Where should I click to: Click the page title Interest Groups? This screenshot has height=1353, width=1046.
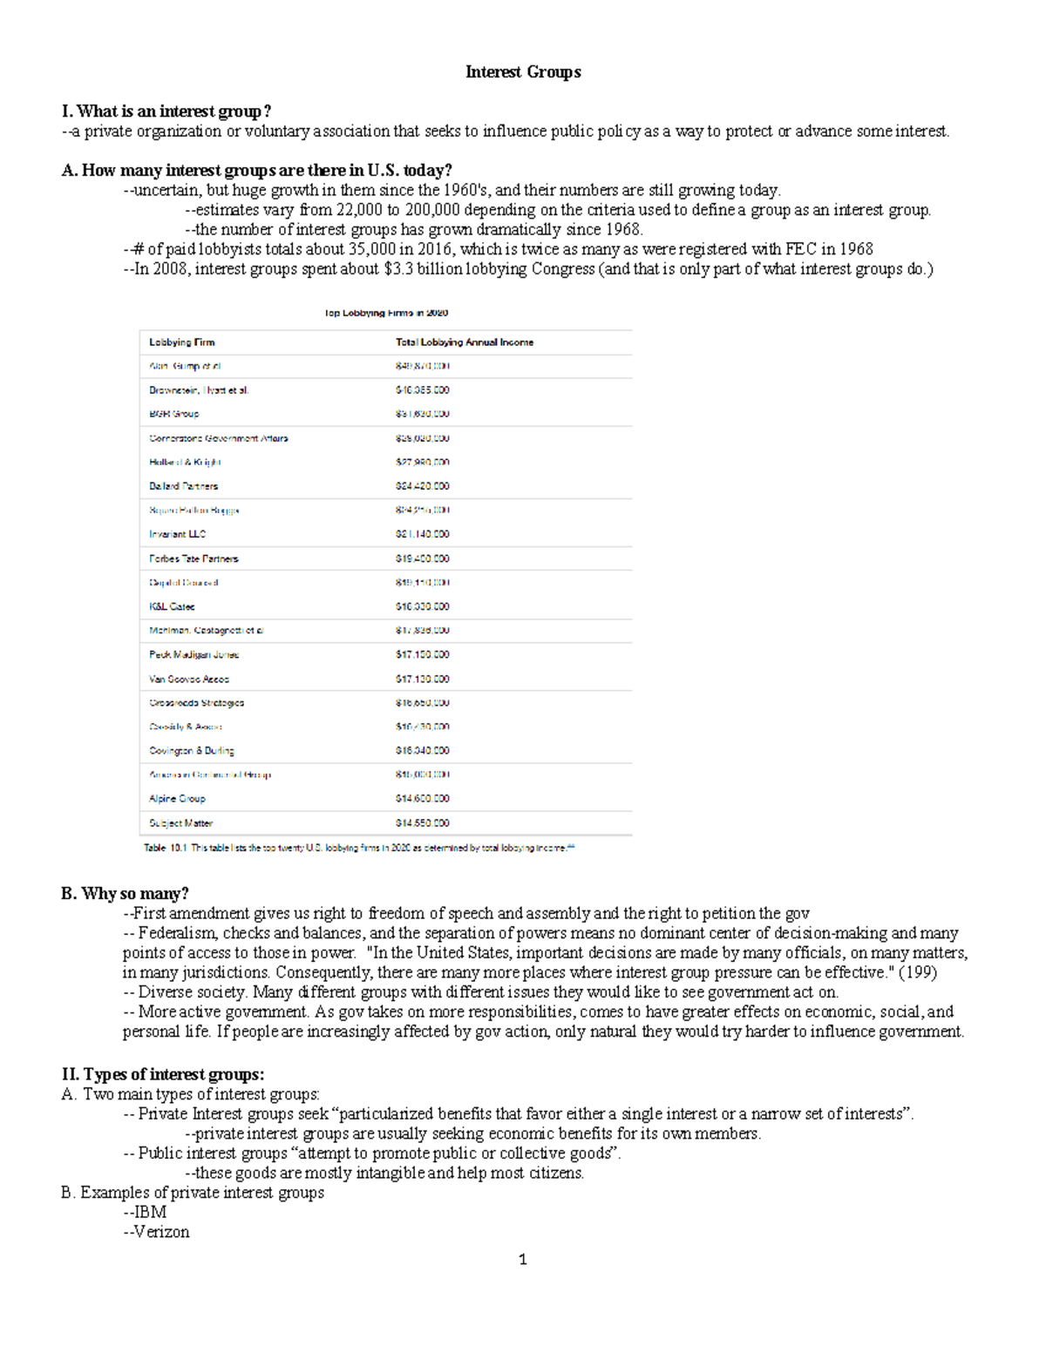tap(523, 72)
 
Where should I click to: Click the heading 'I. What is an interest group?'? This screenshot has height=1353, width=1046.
tap(166, 112)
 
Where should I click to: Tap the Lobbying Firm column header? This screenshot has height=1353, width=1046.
tap(181, 342)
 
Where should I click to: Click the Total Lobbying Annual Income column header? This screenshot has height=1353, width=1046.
tap(464, 342)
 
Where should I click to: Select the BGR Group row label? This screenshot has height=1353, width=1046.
tap(173, 414)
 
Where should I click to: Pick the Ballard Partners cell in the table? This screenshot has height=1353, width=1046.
tap(183, 486)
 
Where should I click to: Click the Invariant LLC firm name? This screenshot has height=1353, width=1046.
tap(177, 534)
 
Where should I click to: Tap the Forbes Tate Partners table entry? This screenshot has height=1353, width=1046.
tap(194, 558)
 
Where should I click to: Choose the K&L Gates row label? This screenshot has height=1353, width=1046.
tap(172, 606)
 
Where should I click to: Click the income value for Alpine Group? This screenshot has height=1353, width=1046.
tap(422, 798)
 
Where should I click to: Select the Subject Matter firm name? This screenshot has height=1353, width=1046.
tap(180, 822)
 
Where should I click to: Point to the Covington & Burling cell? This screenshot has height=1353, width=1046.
tap(191, 750)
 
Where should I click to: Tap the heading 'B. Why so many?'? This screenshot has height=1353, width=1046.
tap(125, 894)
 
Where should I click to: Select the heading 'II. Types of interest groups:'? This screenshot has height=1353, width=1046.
tap(163, 1074)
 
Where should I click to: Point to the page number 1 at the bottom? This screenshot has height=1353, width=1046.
tap(522, 1260)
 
